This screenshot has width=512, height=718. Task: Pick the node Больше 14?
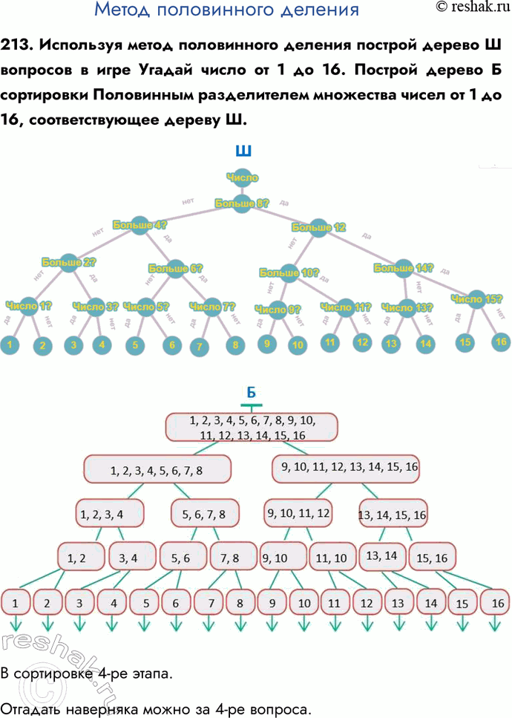(x=403, y=268)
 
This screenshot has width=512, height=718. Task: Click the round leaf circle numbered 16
(x=501, y=342)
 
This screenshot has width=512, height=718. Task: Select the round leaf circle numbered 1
(x=10, y=345)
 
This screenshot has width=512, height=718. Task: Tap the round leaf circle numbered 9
(x=267, y=345)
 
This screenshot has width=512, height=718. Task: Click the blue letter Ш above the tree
(x=243, y=151)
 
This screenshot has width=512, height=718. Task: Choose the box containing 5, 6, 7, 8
(x=198, y=513)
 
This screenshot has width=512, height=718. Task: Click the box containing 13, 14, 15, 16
(x=393, y=514)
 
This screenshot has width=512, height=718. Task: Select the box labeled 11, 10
(x=331, y=558)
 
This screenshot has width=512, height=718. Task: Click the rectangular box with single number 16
(x=496, y=604)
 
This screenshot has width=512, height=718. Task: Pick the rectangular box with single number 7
(x=211, y=603)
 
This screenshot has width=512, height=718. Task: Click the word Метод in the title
(x=126, y=10)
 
